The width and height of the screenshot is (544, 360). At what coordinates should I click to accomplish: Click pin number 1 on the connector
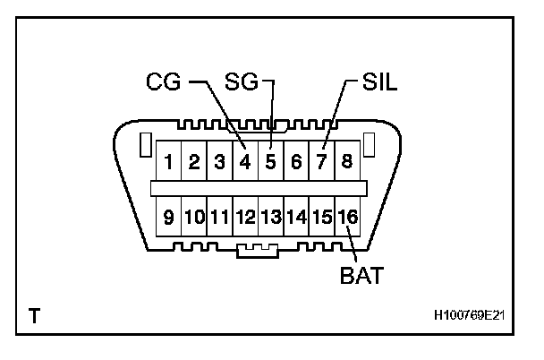click(167, 163)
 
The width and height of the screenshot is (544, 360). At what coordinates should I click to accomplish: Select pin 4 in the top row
click(244, 163)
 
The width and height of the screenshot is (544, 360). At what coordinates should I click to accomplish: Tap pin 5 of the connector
click(270, 163)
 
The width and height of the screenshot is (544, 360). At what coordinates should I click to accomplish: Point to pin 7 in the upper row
click(321, 163)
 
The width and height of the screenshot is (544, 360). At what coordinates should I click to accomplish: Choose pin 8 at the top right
click(346, 163)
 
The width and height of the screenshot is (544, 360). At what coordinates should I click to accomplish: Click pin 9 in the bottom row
click(168, 216)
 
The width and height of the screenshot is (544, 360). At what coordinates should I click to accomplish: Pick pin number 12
click(245, 216)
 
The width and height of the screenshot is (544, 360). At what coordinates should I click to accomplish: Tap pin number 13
click(271, 216)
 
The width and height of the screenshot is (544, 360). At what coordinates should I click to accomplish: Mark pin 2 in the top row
click(193, 163)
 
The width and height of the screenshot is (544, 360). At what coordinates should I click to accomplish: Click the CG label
click(163, 83)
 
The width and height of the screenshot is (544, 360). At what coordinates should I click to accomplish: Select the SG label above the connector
click(241, 83)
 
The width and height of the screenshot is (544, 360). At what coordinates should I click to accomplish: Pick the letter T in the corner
click(33, 316)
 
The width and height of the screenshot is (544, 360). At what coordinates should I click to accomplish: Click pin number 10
click(194, 216)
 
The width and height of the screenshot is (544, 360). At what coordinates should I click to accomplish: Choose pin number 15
click(322, 216)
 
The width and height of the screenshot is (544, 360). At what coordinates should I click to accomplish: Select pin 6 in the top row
click(295, 163)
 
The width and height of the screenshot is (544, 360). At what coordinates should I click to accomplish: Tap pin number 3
click(218, 163)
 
